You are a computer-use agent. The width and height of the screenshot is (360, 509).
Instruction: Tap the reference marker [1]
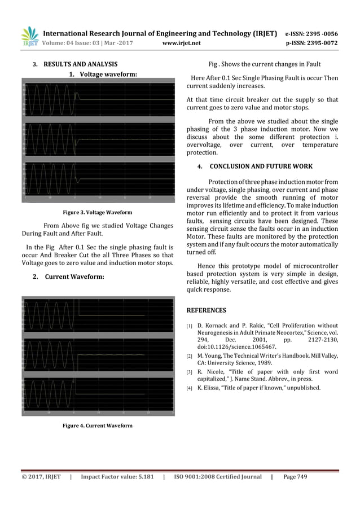(190, 326)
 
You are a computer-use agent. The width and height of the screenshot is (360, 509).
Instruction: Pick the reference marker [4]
(190, 388)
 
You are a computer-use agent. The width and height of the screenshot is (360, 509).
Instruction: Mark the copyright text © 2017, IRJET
(41, 477)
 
